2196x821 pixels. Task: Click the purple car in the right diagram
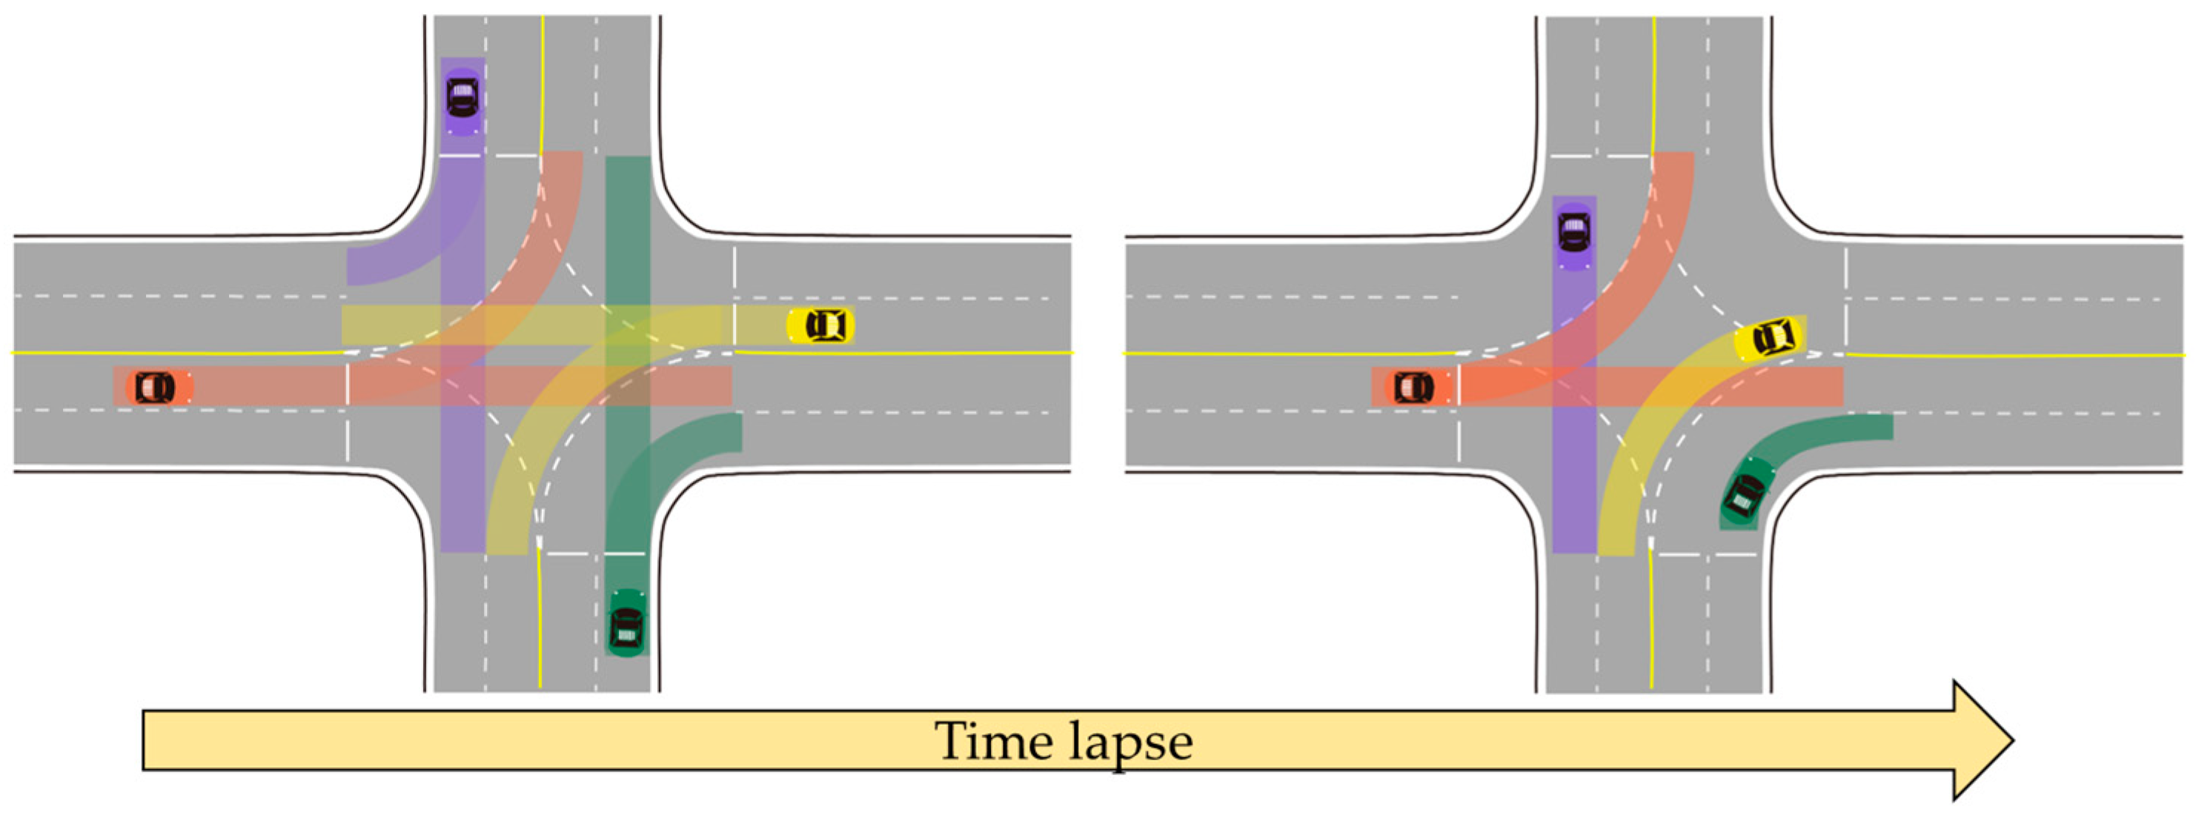coord(1573,232)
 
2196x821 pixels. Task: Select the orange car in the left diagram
coord(155,387)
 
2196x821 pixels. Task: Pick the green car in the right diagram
coord(1744,494)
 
